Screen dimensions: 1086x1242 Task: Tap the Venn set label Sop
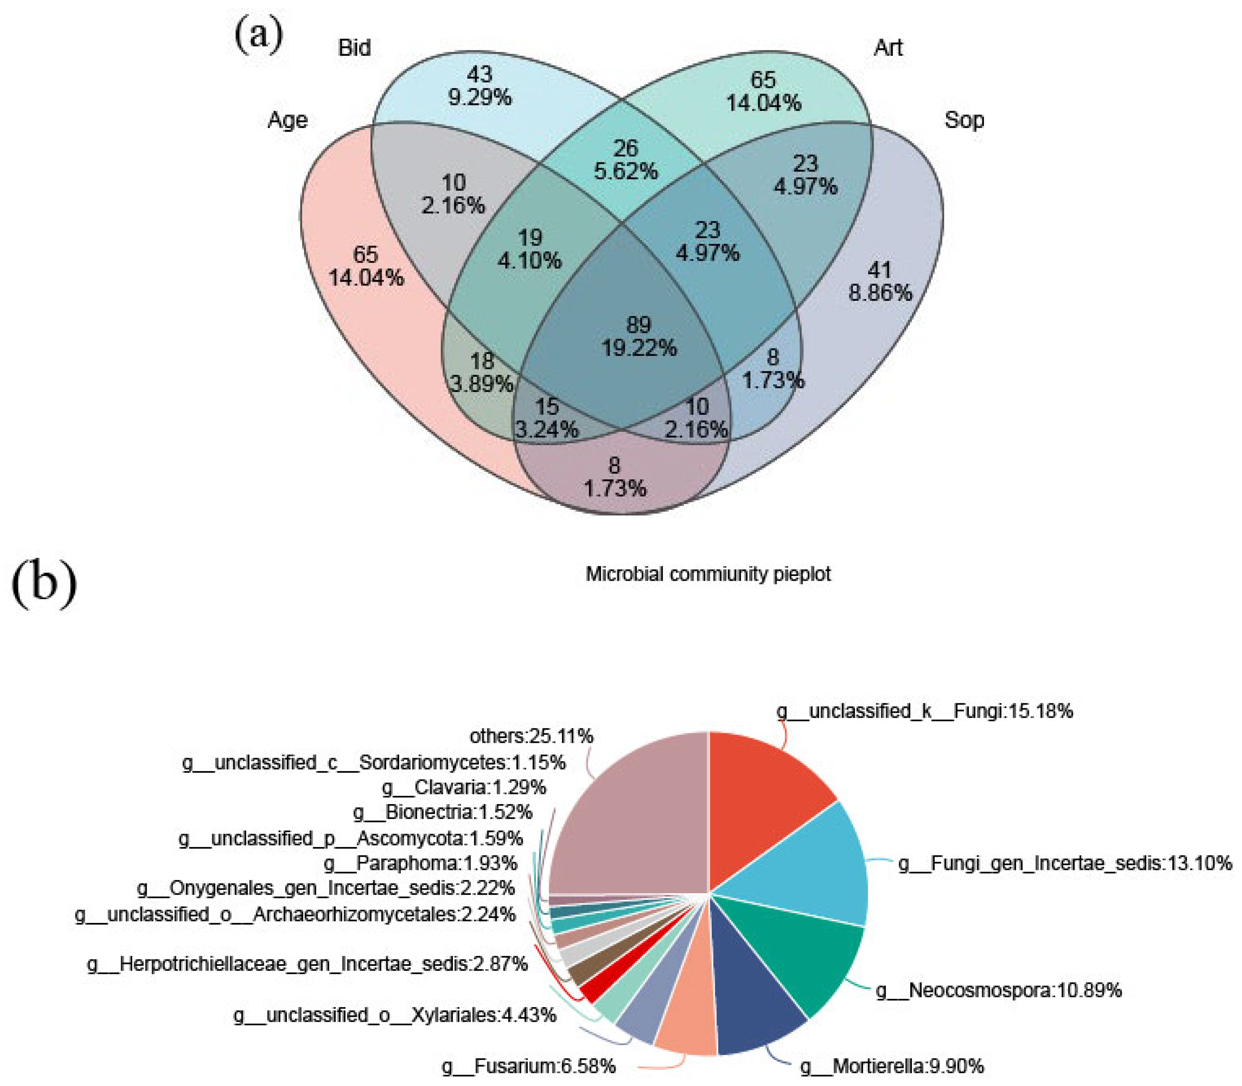964,120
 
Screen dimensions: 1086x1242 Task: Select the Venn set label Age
287,120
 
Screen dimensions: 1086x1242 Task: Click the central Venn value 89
638,325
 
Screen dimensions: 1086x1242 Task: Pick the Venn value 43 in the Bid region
479,75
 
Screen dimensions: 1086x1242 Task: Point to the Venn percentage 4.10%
529,261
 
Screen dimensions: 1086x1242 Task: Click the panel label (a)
259,35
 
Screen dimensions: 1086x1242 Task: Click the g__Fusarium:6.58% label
528,1065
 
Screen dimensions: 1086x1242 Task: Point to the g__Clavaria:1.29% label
464,787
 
